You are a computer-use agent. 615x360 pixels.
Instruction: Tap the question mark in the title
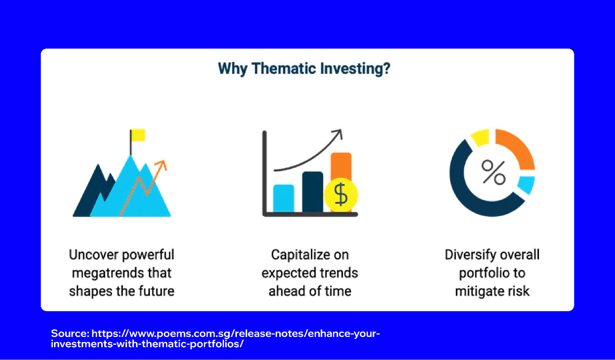tap(387, 68)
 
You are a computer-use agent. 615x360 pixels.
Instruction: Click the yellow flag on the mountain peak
tap(138, 135)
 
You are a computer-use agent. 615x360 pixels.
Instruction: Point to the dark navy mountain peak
tap(98, 172)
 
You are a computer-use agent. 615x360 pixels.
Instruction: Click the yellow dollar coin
tap(341, 195)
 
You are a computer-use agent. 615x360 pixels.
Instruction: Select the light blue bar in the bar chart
tap(284, 198)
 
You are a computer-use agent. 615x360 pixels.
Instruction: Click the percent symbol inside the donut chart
tap(493, 172)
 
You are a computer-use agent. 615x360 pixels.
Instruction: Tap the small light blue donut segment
tap(526, 184)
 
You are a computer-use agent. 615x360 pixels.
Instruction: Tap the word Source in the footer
tap(70, 334)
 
